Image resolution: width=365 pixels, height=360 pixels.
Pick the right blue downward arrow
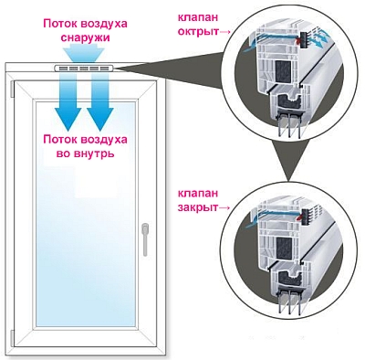[x=99, y=102]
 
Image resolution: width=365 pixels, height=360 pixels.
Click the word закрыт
[x=199, y=209]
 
